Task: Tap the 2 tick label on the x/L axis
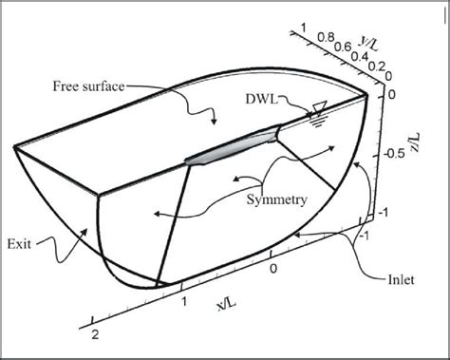tap(94, 336)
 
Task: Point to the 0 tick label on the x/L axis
tap(273, 270)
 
